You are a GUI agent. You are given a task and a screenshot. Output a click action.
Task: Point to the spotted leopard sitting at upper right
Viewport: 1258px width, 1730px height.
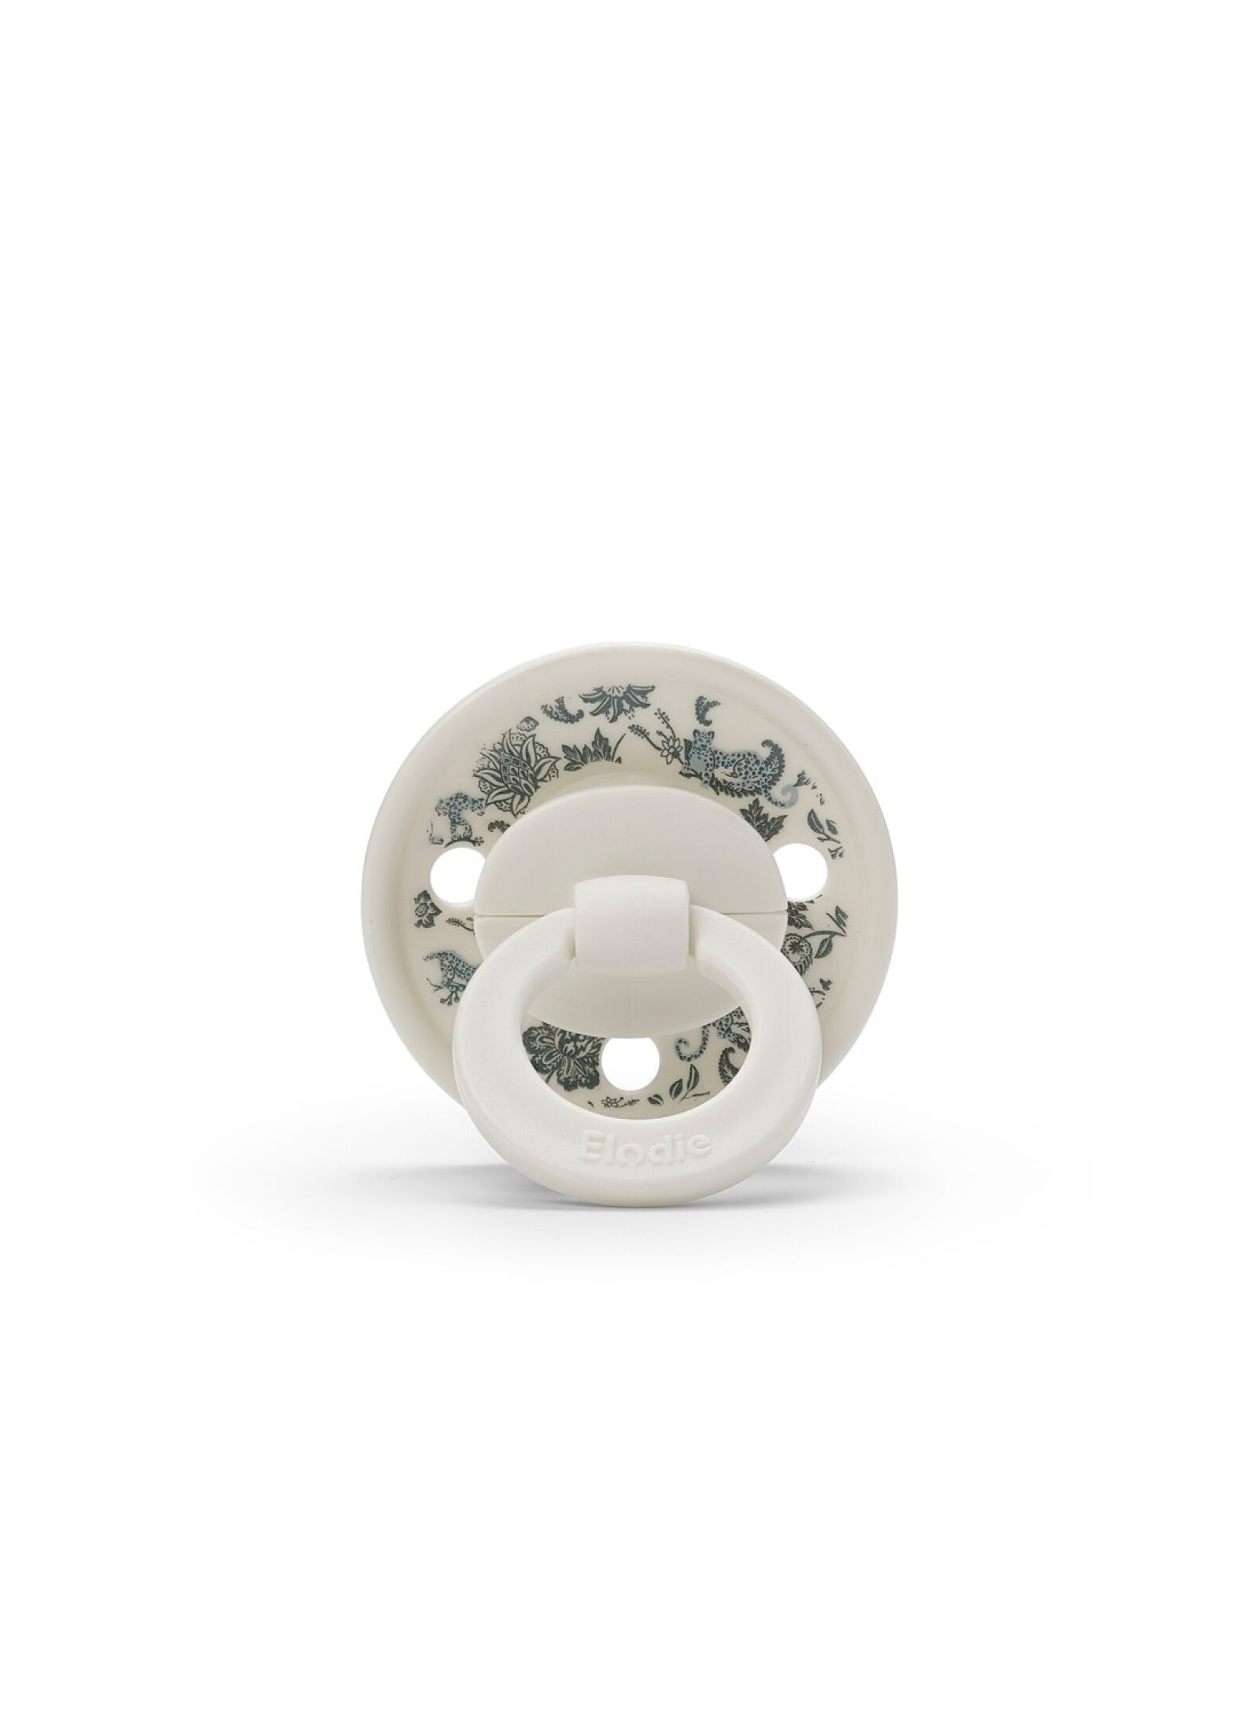[725, 755]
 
